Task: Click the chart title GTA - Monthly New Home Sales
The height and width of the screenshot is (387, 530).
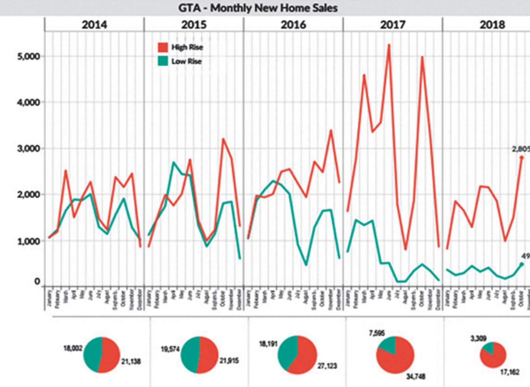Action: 258,8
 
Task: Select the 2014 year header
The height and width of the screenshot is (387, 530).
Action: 94,25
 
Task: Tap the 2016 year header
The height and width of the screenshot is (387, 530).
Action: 293,25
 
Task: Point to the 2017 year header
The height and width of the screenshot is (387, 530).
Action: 393,25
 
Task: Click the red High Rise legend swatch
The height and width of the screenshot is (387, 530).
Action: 163,47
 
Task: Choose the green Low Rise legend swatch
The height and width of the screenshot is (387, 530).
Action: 163,61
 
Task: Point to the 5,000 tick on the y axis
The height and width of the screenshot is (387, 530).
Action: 28,56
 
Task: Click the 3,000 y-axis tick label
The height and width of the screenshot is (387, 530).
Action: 28,149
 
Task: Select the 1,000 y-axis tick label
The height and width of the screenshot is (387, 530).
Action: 28,241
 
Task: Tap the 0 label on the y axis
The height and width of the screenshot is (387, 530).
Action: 37,281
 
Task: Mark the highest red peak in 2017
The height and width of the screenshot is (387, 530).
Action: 389,45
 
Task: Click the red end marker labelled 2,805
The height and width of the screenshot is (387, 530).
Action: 522,158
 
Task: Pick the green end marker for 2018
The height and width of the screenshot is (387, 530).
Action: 522,264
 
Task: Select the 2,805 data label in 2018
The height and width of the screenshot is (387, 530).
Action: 521,149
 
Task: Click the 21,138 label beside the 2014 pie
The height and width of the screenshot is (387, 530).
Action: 131,361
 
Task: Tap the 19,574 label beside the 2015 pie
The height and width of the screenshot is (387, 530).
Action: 170,349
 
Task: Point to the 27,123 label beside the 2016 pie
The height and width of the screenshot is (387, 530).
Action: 327,366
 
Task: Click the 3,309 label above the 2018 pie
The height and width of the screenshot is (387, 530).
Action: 479,338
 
